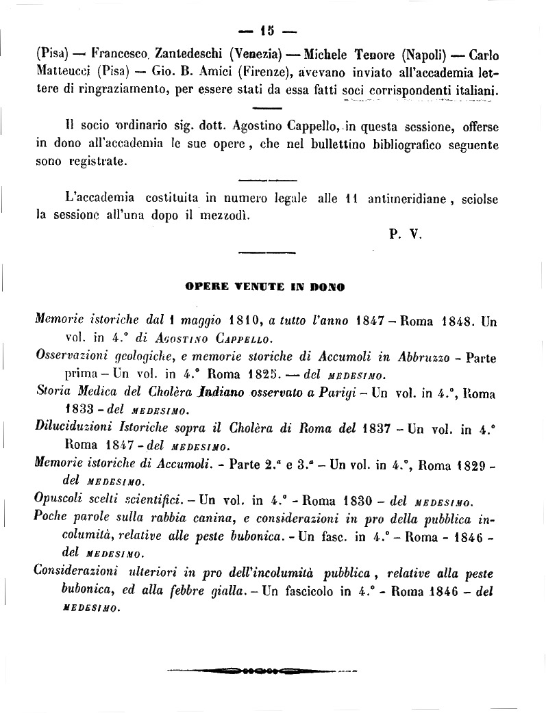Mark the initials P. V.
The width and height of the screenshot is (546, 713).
tap(405, 234)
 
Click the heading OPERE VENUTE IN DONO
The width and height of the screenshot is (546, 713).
tap(264, 287)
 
